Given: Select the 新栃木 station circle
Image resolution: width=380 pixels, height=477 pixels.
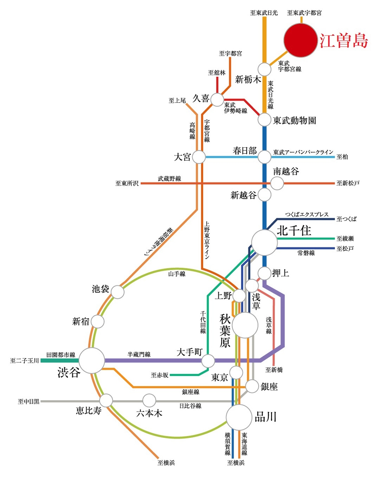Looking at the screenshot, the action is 264,69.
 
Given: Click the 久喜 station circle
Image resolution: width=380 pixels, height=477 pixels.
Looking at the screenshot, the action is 217,100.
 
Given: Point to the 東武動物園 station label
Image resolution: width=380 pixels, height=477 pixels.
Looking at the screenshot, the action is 294,120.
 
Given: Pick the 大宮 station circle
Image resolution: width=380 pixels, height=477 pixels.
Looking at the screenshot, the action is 199,157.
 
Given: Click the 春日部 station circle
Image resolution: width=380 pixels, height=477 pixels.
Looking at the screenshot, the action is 264,157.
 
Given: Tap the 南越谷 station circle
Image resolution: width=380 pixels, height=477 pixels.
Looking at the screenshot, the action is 277,183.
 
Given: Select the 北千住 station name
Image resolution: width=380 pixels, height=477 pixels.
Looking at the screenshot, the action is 294,231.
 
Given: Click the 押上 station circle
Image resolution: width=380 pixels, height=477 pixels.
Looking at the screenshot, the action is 264,273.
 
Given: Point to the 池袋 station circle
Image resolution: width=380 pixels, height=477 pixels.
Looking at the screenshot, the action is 118,292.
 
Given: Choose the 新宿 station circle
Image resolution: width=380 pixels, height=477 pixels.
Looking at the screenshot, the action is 98,321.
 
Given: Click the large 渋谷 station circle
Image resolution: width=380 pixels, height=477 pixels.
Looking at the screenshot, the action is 92,361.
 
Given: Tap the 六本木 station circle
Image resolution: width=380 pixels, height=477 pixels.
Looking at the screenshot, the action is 149,401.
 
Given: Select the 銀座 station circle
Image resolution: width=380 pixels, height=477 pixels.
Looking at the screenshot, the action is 252,386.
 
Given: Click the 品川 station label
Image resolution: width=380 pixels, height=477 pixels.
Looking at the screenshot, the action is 266,417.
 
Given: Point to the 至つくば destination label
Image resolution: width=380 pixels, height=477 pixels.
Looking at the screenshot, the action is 346,219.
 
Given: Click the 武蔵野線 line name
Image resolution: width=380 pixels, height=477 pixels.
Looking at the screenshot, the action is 169,178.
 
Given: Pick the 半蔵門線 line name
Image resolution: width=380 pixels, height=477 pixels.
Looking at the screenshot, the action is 139,355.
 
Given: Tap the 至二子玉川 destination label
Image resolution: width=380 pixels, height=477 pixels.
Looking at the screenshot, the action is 24,361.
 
